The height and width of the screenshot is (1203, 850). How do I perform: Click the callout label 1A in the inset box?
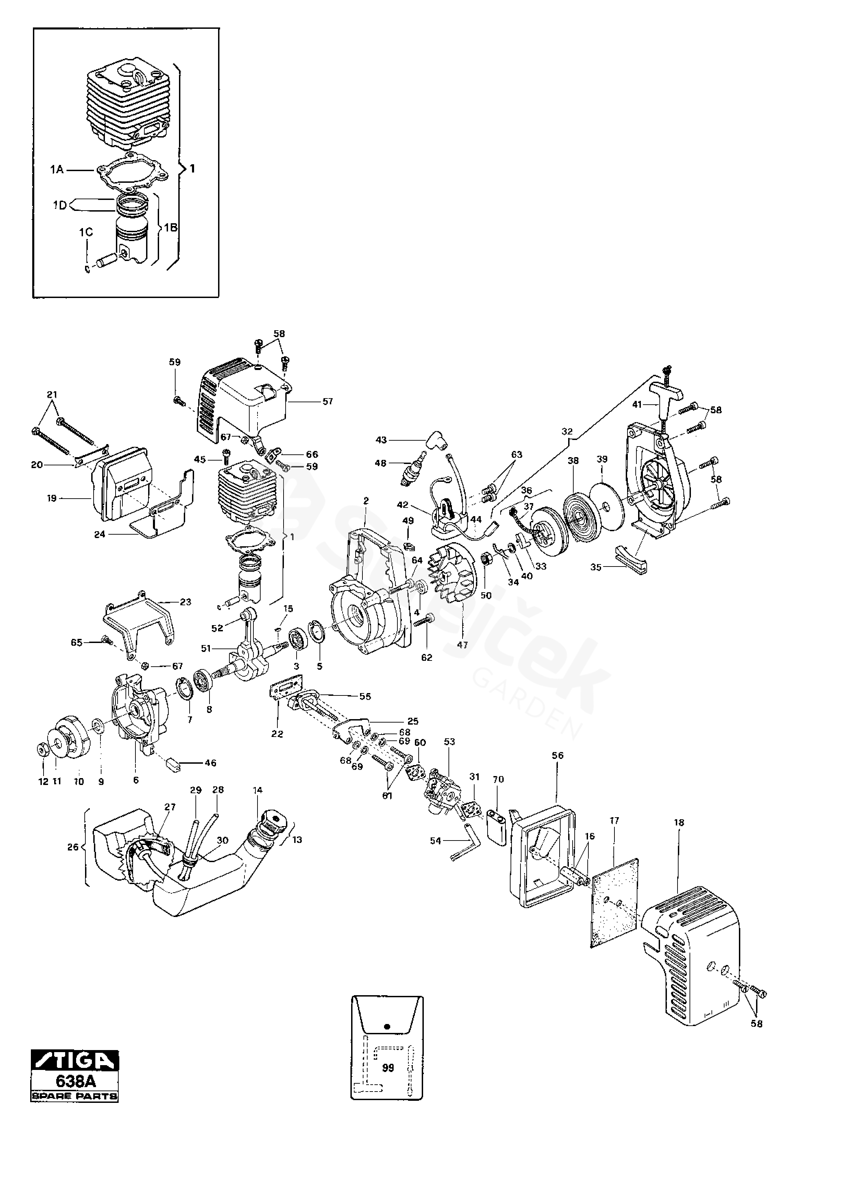click(57, 170)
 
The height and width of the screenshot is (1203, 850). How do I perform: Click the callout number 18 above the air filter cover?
click(679, 823)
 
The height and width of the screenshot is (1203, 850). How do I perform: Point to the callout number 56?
click(558, 755)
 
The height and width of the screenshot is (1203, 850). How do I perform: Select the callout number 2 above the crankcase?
click(366, 501)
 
